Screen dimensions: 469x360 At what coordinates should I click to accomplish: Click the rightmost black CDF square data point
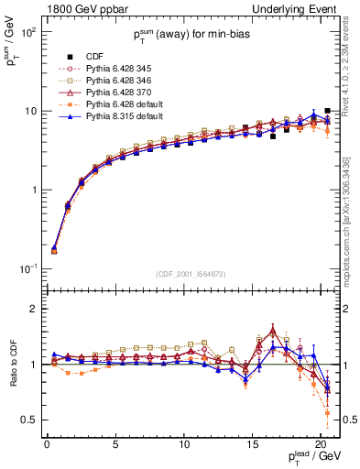pos(328,111)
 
